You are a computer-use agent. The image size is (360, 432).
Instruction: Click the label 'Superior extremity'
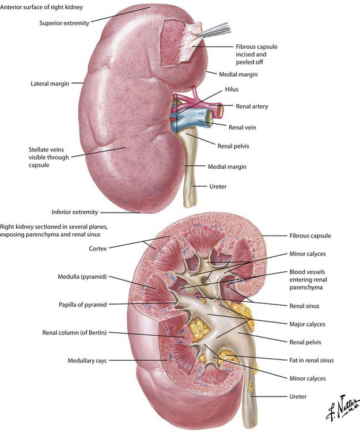(64, 23)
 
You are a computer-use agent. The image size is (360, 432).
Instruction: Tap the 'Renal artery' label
(252, 107)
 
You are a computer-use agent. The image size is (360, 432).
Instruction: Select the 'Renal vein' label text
(242, 127)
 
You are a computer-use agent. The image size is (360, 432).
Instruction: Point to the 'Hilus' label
(232, 89)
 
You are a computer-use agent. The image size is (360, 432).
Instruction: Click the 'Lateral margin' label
(50, 84)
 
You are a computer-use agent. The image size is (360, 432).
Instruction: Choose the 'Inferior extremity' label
(75, 212)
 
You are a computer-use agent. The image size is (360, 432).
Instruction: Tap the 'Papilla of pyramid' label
(82, 305)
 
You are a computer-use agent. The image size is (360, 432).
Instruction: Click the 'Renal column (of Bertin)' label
(74, 332)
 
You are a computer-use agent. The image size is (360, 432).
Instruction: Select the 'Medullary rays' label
(87, 361)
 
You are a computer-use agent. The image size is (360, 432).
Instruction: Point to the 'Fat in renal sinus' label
(312, 360)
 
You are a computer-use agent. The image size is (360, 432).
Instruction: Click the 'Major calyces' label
(308, 324)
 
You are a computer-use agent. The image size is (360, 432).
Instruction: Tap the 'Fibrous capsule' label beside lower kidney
(310, 236)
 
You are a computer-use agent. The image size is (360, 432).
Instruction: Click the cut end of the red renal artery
(220, 109)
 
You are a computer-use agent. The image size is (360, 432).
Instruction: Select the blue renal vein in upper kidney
(194, 120)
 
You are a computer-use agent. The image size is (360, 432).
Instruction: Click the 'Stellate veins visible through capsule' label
(49, 157)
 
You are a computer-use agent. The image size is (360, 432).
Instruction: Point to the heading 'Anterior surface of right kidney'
(41, 7)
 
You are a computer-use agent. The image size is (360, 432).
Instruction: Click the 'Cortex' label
(98, 248)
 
